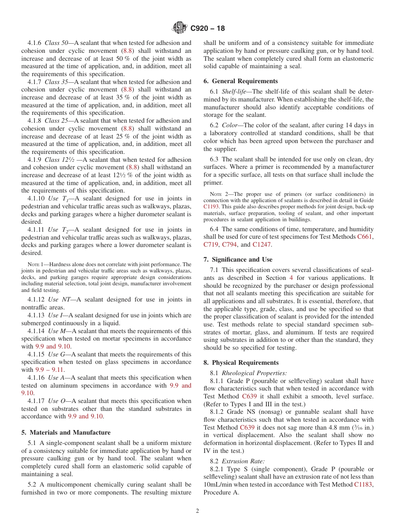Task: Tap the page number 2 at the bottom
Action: tap(197, 511)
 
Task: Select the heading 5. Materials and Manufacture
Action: tap(66, 433)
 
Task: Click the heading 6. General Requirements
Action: tap(240, 81)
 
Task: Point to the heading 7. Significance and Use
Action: tap(238, 260)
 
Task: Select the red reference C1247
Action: tap(262, 245)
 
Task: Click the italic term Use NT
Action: tap(58, 299)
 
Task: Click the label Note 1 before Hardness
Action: tap(33, 264)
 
